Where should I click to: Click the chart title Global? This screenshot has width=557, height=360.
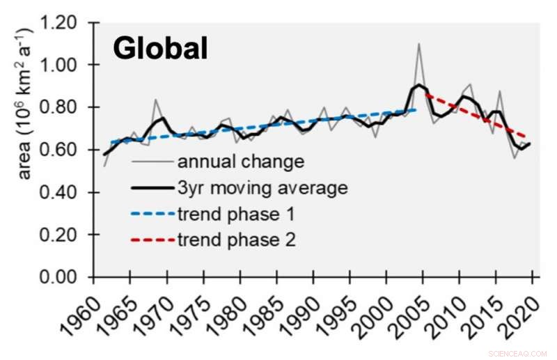tap(160, 49)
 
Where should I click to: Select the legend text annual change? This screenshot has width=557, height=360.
tap(241, 162)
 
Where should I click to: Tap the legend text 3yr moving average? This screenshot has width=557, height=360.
tap(262, 188)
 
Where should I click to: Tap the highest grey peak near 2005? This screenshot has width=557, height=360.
tap(418, 44)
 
